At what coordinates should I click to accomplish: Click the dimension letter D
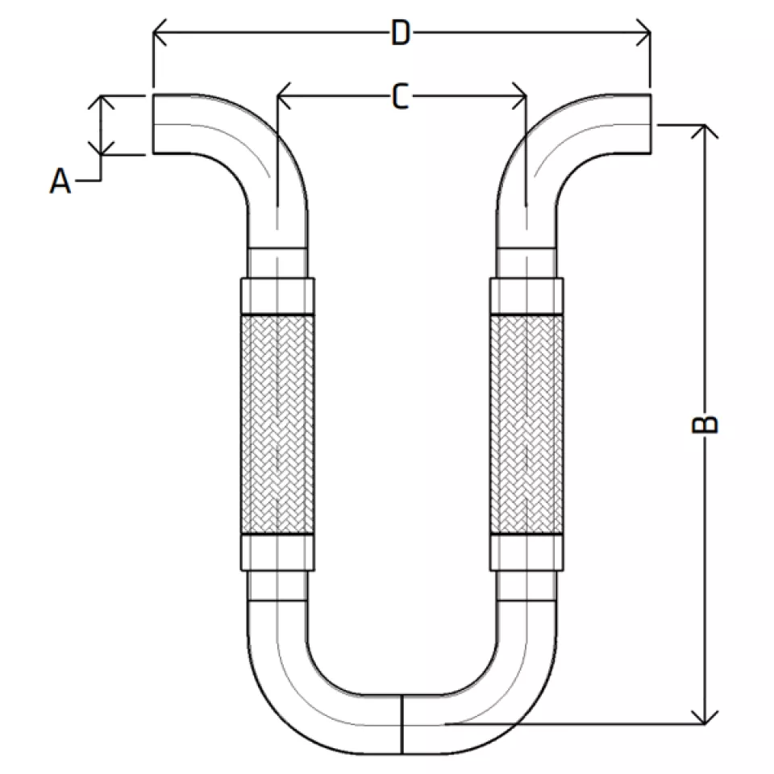tap(401, 33)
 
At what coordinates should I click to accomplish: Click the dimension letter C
tap(401, 96)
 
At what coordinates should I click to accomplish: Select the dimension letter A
tap(60, 181)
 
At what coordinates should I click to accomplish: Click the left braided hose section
tap(278, 425)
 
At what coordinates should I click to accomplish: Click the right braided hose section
tap(526, 425)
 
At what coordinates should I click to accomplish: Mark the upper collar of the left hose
tap(278, 296)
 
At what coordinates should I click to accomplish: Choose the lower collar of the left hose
tap(278, 553)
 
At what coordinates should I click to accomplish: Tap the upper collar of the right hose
tap(526, 296)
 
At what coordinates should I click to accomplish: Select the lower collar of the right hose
tap(526, 553)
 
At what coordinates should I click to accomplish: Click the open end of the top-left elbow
tap(153, 123)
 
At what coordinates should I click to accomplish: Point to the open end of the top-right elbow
tap(651, 123)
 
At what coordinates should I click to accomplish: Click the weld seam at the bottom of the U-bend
tap(402, 725)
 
